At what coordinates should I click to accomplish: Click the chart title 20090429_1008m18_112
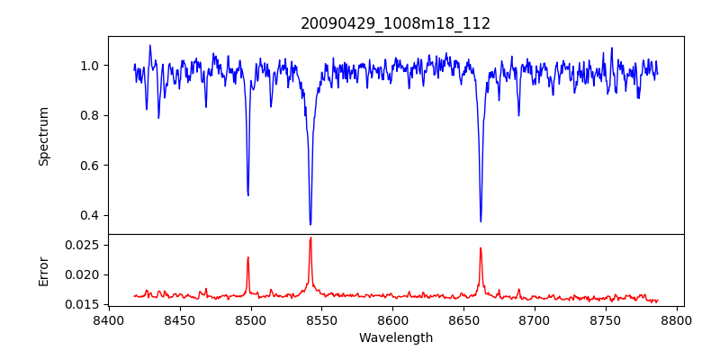(x=395, y=23)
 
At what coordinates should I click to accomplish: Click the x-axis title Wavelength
(x=395, y=338)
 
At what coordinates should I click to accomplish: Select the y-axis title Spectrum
(x=43, y=136)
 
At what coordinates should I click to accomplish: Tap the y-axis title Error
(x=43, y=271)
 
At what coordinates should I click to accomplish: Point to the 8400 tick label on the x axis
(x=108, y=319)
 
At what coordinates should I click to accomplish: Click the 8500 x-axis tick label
(x=250, y=319)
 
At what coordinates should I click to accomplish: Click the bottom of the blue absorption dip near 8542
(x=310, y=224)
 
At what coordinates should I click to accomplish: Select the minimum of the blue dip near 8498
(x=247, y=194)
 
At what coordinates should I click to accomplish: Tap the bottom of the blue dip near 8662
(x=481, y=220)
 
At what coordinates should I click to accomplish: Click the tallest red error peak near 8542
(x=310, y=238)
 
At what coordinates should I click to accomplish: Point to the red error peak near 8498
(x=247, y=257)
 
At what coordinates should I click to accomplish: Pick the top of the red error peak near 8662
(x=481, y=248)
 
